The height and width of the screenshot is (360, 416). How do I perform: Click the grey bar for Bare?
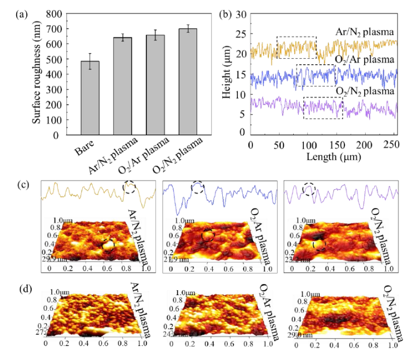coord(90,98)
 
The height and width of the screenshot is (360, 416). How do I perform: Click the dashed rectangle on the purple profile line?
coord(323,107)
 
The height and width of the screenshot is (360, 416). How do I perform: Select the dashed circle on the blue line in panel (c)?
coord(198,188)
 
